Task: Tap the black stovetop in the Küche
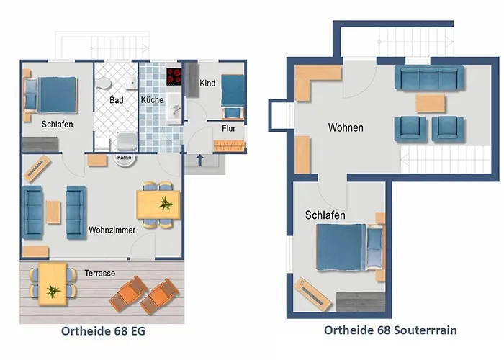coord(174,77)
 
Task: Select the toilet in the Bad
coord(104,84)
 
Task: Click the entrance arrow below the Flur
coord(199,159)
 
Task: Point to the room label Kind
coord(207,83)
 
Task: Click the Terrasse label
coord(99,273)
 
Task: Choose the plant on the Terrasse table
coord(53,291)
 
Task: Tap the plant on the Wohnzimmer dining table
coord(166,204)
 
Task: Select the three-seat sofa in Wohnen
coord(429,78)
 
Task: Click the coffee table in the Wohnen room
coord(431,103)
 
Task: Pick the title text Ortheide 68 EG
coord(103,331)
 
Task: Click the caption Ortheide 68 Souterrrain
coord(390,330)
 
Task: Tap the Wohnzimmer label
coord(112,230)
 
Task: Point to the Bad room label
coord(117,100)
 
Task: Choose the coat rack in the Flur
coord(229,145)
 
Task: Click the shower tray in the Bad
coord(127,142)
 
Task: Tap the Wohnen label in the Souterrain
coord(346,127)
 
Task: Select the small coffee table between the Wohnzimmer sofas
coord(53,212)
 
